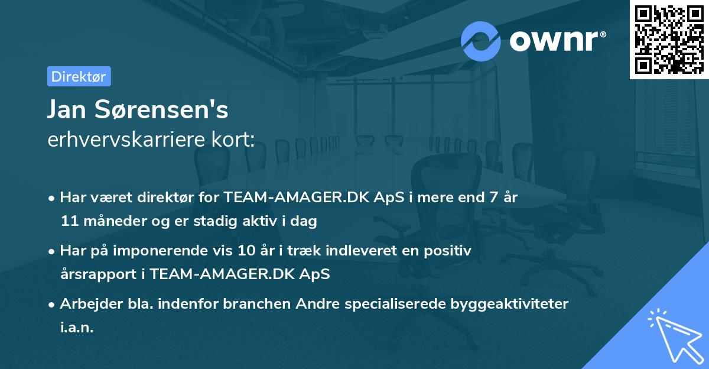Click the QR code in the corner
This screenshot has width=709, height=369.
[x=669, y=39]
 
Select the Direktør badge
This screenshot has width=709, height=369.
[x=79, y=76]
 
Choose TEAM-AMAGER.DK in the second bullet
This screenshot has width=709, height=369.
[x=239, y=275]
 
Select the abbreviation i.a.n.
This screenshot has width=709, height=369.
[x=77, y=328]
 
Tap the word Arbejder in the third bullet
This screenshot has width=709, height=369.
[x=86, y=304]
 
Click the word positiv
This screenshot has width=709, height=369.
[x=448, y=251]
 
